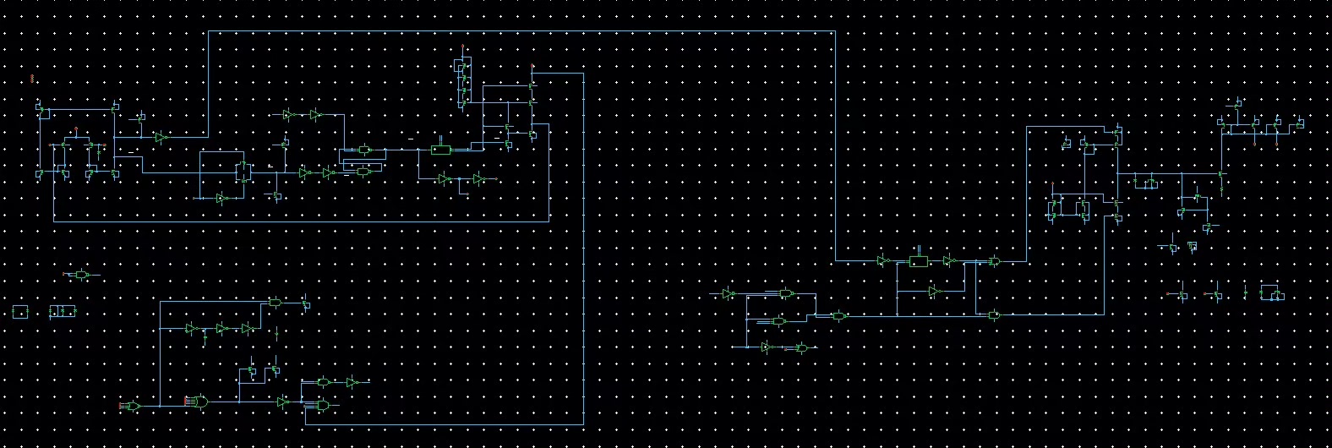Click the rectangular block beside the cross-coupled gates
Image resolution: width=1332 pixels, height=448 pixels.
[x=440, y=150]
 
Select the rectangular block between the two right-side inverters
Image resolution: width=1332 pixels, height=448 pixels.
[x=918, y=260]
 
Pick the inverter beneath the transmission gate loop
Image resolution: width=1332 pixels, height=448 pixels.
[x=221, y=198]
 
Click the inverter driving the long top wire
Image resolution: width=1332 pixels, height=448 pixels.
[x=160, y=137]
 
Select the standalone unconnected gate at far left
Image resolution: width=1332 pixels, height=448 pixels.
[x=81, y=275]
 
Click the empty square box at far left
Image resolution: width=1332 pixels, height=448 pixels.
[x=20, y=312]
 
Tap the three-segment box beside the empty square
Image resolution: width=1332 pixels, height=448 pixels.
[x=62, y=312]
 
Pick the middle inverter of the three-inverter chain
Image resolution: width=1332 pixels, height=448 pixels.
[x=221, y=328]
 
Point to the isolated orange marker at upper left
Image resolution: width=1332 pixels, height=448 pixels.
[x=32, y=79]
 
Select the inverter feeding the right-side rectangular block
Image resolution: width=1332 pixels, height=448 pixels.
[x=884, y=260]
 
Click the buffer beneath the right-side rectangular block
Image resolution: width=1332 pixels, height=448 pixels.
[x=934, y=292]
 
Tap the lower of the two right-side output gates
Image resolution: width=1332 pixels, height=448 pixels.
[x=995, y=315]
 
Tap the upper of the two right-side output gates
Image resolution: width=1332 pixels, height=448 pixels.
[x=995, y=261]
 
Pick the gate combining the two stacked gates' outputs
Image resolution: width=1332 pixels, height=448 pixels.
[x=838, y=315]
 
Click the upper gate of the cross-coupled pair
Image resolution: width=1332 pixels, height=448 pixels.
[x=364, y=150]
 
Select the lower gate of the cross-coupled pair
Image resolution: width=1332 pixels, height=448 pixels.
[x=364, y=172]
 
